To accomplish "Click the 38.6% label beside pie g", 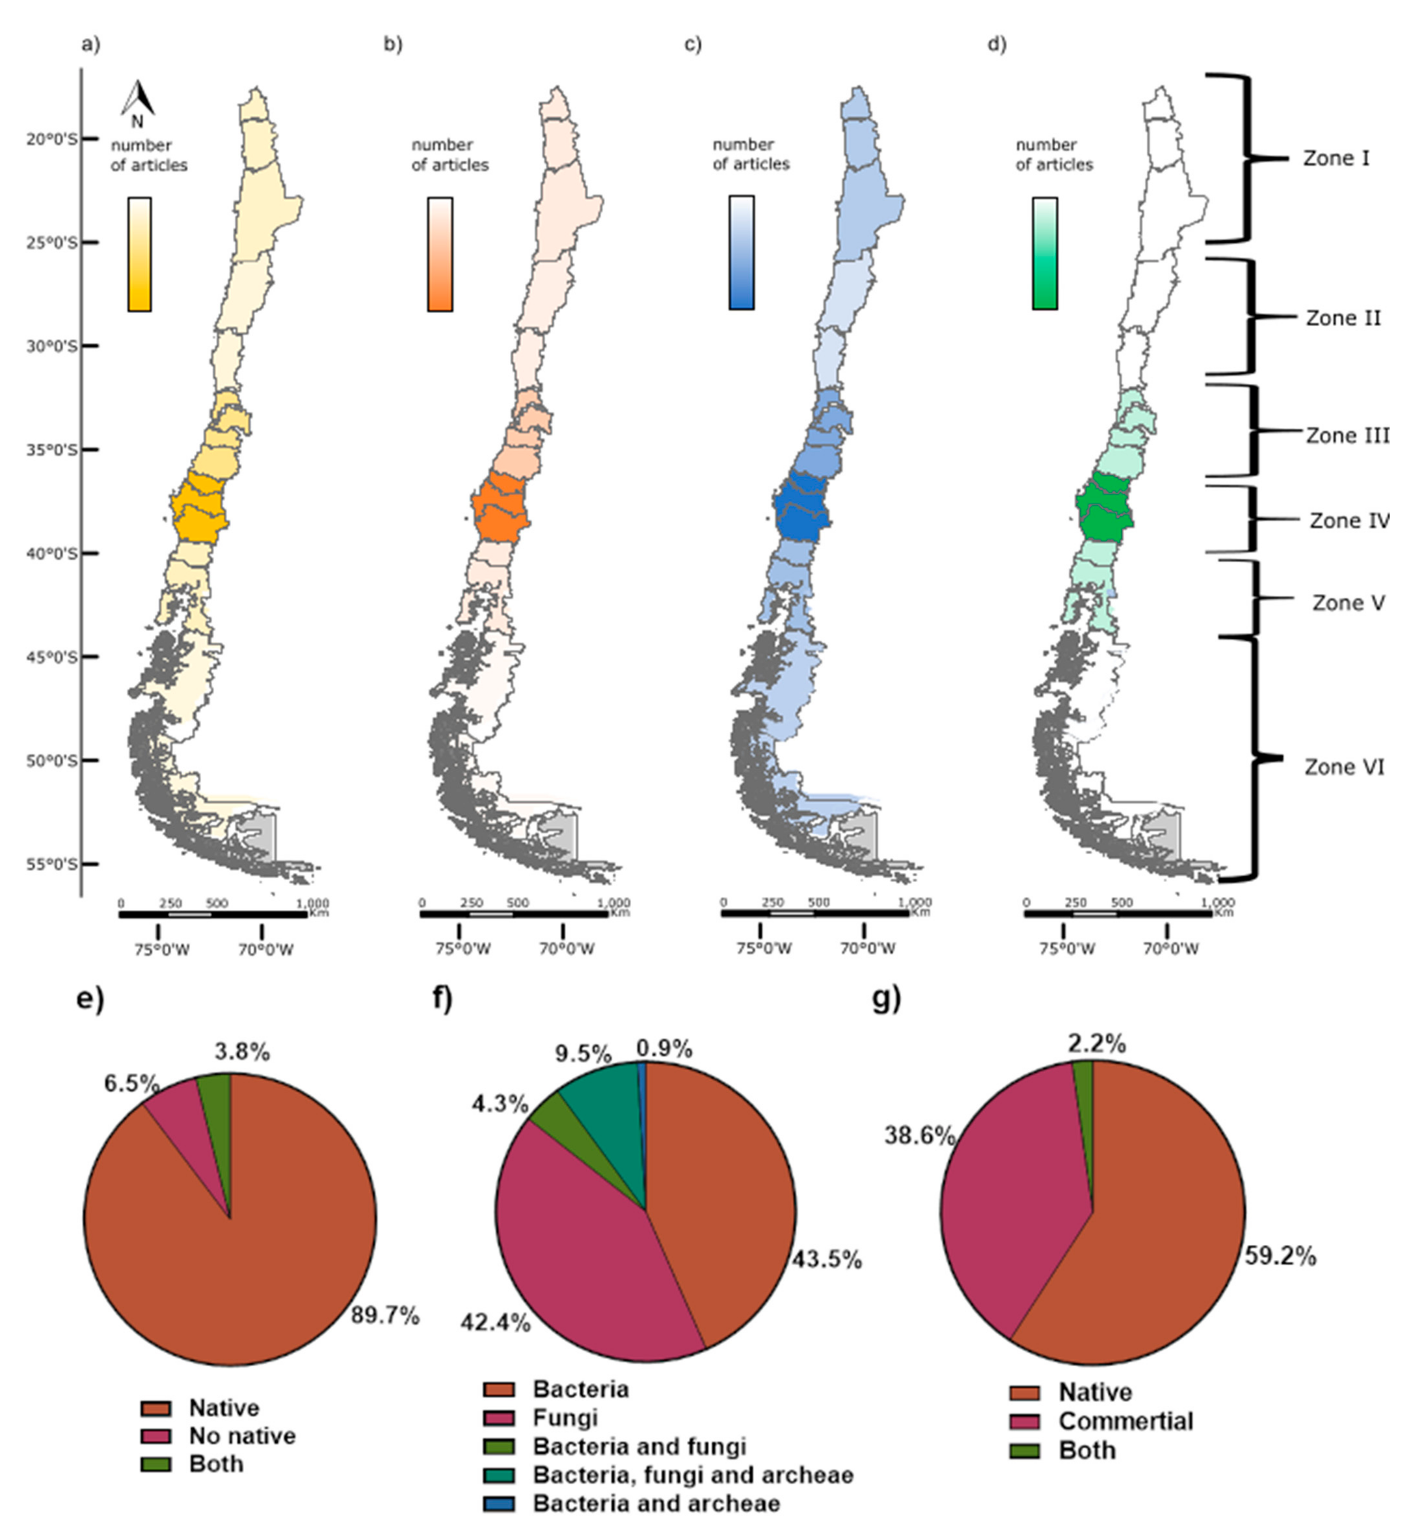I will coord(919,1136).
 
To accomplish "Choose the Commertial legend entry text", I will coord(1126,1421).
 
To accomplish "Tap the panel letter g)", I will coord(886,998).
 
